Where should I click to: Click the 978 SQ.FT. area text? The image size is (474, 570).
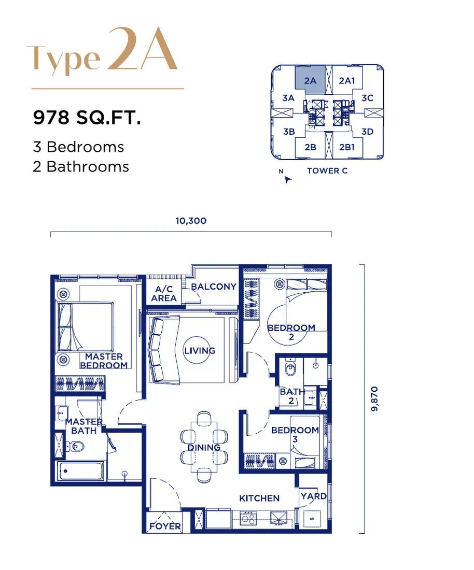[87, 118]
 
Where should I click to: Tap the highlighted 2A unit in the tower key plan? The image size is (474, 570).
[310, 80]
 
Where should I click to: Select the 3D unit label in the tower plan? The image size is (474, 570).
[367, 132]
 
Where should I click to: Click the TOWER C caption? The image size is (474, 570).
[327, 171]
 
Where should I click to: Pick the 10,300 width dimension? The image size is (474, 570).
[191, 221]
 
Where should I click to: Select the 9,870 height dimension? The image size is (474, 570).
[374, 399]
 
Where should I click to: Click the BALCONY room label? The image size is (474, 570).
[214, 287]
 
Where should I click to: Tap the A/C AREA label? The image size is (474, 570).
[164, 294]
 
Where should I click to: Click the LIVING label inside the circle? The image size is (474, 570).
[199, 351]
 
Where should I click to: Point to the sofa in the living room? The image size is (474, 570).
[164, 349]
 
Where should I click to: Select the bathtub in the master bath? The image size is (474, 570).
[81, 472]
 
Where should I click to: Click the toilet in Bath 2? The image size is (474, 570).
[290, 368]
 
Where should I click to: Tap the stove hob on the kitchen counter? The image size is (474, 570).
[248, 518]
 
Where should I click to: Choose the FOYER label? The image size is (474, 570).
[165, 526]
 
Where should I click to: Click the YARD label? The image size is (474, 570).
[314, 496]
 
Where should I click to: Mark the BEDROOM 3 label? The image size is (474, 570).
[295, 434]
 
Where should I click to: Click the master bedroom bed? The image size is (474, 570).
[85, 327]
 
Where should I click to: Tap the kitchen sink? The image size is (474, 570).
[279, 519]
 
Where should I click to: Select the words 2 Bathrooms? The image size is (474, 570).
[81, 167]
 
